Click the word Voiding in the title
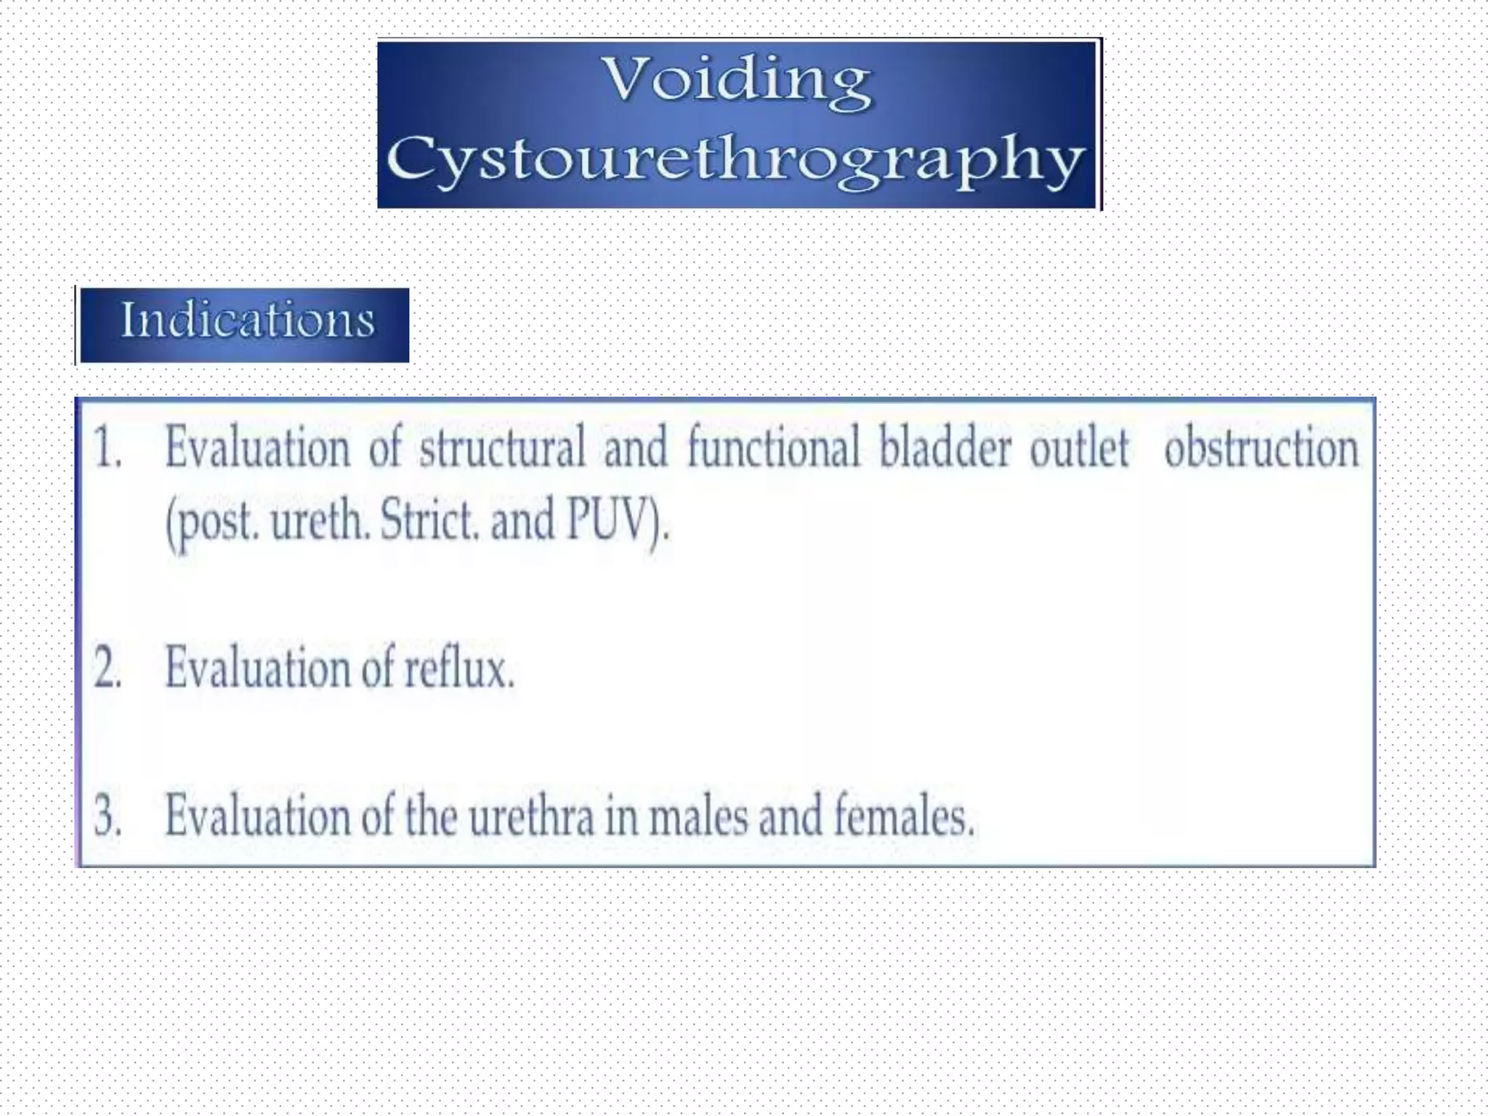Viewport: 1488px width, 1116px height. [x=737, y=81]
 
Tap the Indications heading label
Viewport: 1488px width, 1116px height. [x=247, y=320]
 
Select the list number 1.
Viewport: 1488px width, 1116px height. [x=107, y=448]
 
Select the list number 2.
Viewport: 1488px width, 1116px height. [x=108, y=668]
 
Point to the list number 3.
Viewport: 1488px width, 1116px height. [x=108, y=816]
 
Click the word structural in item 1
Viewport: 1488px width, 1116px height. [x=502, y=448]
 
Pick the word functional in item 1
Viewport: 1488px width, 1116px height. [x=773, y=448]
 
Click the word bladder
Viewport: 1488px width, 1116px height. [x=945, y=448]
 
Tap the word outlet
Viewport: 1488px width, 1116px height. [x=1080, y=448]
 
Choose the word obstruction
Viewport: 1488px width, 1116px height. [x=1261, y=448]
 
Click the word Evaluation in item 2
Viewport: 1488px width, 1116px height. [x=257, y=668]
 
